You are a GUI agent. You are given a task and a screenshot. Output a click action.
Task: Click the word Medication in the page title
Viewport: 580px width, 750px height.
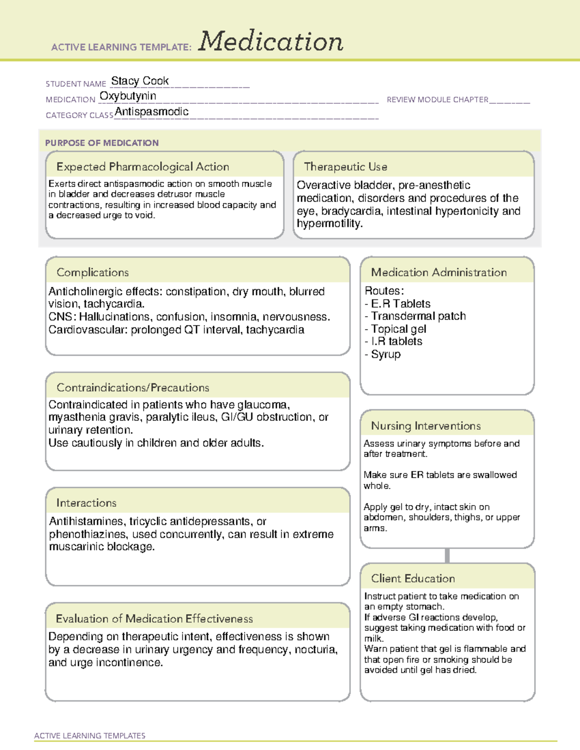(271, 42)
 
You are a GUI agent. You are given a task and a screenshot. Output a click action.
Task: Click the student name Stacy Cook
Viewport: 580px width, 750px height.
(140, 81)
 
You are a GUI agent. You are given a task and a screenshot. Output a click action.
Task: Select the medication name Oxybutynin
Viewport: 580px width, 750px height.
(128, 96)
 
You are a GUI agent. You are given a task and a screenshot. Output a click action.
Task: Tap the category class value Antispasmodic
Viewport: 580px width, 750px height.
(151, 112)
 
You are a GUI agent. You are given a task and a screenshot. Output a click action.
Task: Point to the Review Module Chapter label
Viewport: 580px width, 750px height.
(437, 99)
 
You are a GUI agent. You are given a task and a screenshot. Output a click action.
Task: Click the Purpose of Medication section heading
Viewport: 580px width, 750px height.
(101, 143)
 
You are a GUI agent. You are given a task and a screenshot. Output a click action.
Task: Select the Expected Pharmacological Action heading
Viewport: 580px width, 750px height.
(143, 167)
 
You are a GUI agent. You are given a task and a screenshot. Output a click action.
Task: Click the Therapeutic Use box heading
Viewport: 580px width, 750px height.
(345, 167)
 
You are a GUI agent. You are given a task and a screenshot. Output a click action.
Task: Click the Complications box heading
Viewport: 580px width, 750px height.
(92, 272)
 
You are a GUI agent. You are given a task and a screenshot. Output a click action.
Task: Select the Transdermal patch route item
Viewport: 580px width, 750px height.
(418, 316)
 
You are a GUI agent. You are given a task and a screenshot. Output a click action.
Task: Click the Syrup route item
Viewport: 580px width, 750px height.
(386, 354)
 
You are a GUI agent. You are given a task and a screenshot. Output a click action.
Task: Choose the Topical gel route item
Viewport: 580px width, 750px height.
(398, 329)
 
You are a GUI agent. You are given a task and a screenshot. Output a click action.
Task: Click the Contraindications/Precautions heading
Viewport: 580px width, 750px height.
(132, 388)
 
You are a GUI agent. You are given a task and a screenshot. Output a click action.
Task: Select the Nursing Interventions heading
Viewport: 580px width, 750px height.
(425, 426)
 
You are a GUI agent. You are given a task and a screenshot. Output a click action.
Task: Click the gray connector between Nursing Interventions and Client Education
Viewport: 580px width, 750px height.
(447, 555)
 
